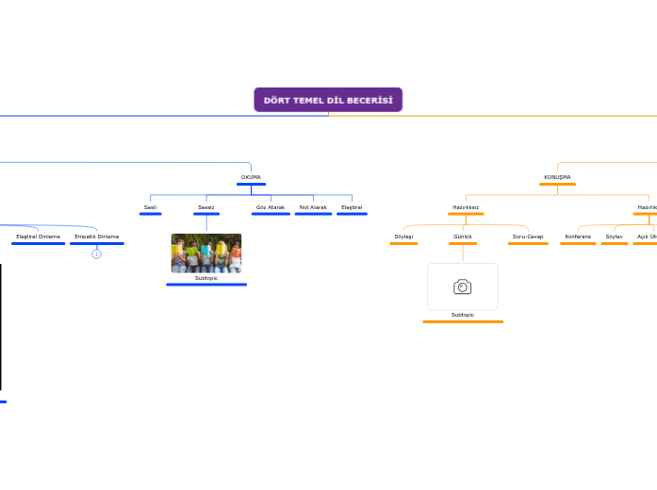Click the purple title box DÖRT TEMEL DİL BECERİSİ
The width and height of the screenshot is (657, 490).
tap(328, 100)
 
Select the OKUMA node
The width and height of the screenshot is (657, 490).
tap(251, 177)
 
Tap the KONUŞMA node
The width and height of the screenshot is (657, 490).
tap(557, 177)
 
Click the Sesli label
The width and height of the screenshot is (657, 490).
tap(150, 207)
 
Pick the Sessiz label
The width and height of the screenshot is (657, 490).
tap(205, 207)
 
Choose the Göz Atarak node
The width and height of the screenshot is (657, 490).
tap(271, 207)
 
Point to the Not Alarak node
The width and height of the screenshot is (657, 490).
tap(313, 207)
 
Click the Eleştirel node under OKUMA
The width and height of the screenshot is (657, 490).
tap(352, 207)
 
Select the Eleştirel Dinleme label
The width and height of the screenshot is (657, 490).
tap(39, 237)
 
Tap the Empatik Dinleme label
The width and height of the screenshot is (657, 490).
tap(97, 237)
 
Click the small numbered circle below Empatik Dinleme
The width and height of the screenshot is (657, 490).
tap(96, 254)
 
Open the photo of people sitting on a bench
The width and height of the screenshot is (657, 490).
tap(205, 253)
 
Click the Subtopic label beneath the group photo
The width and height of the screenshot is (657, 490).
tap(206, 278)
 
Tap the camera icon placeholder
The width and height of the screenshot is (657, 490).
tap(462, 286)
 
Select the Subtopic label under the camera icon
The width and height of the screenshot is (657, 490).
tap(462, 315)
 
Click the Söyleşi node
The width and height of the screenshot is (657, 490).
tap(403, 237)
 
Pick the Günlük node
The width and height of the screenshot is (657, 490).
tap(463, 237)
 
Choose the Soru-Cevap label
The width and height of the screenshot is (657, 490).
tap(528, 237)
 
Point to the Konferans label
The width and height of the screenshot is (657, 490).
tap(578, 237)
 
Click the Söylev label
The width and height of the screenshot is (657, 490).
tap(614, 237)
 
